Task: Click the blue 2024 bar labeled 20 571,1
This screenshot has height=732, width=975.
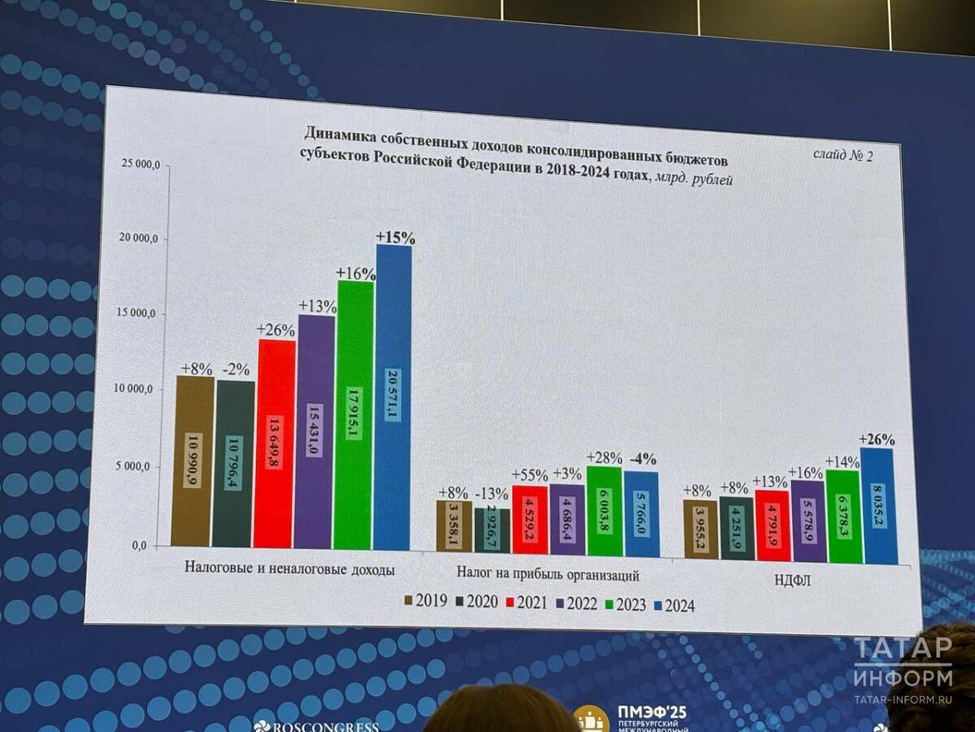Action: (x=394, y=399)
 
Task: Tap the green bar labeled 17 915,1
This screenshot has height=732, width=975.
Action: (x=354, y=415)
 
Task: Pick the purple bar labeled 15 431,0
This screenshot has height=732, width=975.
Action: (x=315, y=431)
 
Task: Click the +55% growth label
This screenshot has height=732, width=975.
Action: (x=529, y=476)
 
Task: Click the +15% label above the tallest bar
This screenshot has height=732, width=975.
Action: (x=396, y=238)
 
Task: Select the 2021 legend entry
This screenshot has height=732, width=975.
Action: (x=527, y=603)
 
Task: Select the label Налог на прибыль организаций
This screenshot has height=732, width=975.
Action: (x=548, y=575)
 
